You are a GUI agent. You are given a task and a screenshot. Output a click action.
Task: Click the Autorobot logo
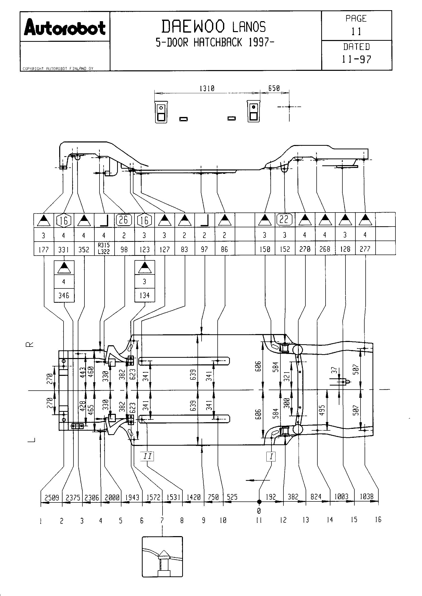65,27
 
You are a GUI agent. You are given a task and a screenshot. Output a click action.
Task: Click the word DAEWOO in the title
193,27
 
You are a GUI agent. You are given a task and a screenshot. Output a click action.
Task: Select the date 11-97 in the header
356,59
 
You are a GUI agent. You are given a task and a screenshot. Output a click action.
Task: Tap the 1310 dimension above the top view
207,88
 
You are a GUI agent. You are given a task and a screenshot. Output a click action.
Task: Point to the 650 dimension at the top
274,88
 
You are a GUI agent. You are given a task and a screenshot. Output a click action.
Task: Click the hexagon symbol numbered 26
124,220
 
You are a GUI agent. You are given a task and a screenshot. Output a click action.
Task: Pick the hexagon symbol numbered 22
284,220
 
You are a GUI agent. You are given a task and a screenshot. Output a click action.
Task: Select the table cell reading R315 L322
104,249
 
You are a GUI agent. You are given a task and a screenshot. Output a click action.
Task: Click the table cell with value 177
44,250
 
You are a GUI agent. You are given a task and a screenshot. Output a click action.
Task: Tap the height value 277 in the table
365,249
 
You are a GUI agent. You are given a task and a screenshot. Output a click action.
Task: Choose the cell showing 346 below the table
64,295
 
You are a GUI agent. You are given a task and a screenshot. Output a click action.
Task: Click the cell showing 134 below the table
144,295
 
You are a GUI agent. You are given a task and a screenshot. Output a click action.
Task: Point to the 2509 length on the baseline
52,497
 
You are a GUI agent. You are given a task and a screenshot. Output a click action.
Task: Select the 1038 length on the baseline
366,497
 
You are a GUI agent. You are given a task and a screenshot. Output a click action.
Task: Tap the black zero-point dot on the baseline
259,502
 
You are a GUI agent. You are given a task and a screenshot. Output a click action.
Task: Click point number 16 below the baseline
378,519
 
